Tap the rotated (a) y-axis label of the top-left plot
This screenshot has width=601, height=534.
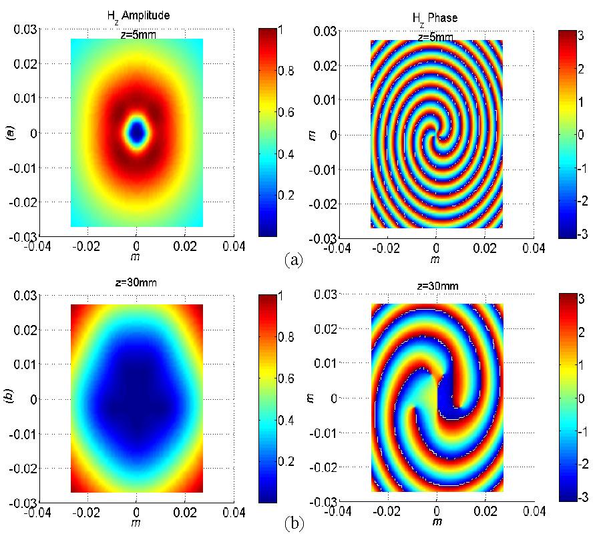(9, 132)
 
